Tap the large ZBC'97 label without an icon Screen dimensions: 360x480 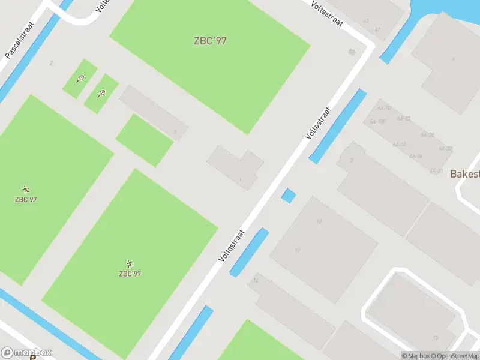pos(210,41)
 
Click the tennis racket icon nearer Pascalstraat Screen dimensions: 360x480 pos(80,78)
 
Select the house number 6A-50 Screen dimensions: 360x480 pos(384,109)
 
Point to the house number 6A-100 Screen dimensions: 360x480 pos(377,122)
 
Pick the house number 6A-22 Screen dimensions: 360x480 pos(404,119)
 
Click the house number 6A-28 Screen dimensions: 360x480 pos(427,135)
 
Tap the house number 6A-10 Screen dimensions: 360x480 pos(399,145)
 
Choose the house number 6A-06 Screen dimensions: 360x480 pos(416,156)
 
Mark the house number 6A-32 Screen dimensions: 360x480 pos(445,148)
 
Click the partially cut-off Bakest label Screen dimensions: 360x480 pos(465,173)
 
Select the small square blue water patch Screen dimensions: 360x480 pos(289,196)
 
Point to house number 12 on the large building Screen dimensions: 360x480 pos(298,250)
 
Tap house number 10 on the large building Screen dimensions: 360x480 pos(319,221)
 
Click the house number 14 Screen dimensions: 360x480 pos(256,280)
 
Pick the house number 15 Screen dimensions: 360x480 pos(435,338)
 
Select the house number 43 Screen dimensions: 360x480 pos(365,20)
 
